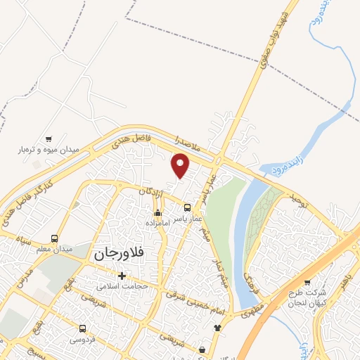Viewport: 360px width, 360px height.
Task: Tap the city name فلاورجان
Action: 123,255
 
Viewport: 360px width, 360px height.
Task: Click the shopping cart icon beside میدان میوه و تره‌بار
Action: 48,139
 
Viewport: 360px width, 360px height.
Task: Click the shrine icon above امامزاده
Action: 157,212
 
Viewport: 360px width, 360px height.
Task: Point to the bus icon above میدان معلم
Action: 55,238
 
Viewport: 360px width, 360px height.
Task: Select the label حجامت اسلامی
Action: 122,286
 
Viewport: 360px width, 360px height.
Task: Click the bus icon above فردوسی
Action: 83,328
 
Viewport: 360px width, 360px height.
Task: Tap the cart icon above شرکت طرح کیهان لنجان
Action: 307,282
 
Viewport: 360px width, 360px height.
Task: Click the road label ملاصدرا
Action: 190,146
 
